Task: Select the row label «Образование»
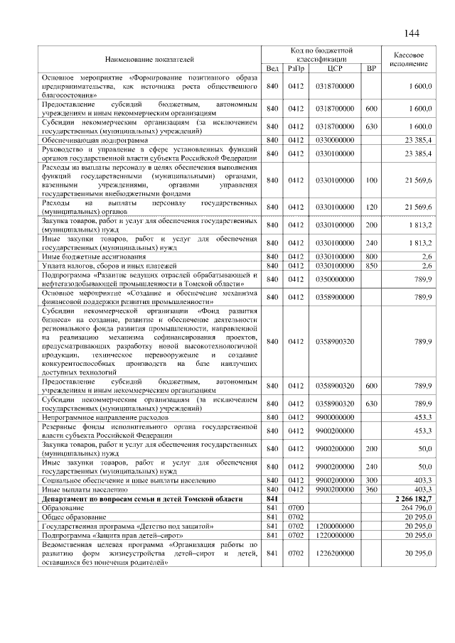tap(61, 509)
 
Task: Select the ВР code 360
tap(370, 490)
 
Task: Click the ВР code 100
tap(370, 181)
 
